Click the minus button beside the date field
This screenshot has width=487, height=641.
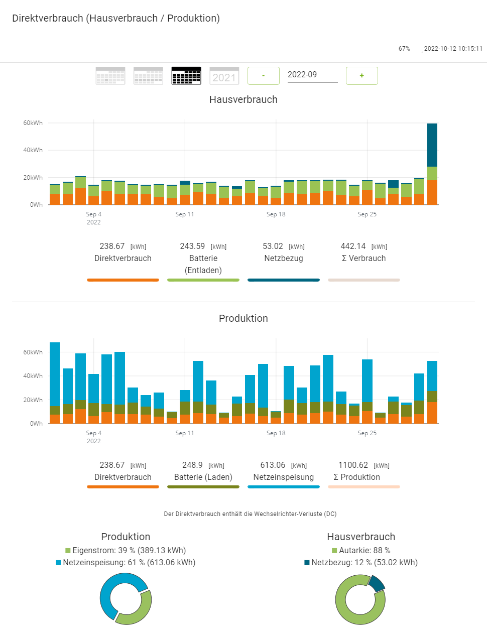(x=264, y=76)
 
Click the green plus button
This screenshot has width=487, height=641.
(x=361, y=76)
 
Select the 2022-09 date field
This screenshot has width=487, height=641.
(x=312, y=75)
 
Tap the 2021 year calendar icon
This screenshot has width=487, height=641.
(x=224, y=76)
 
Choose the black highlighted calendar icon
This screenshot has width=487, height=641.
(x=186, y=76)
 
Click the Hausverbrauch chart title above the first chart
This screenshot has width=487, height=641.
(x=243, y=99)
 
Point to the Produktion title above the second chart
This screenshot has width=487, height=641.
(x=243, y=318)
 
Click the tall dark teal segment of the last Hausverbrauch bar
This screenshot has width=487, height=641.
(x=432, y=145)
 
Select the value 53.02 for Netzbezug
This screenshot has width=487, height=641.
(x=273, y=246)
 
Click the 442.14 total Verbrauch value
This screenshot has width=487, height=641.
(x=353, y=246)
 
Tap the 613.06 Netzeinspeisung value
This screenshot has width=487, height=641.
(x=273, y=465)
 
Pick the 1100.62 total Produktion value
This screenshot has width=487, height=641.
(x=353, y=465)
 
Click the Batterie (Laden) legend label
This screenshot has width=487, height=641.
(x=203, y=477)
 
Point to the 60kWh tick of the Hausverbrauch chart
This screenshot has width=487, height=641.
(x=33, y=123)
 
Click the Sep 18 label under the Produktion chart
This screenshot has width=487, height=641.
(x=276, y=433)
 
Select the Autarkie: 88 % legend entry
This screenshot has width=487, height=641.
(x=361, y=551)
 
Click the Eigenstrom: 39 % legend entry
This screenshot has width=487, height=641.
(x=126, y=551)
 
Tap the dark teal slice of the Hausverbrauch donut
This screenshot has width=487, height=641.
(x=377, y=583)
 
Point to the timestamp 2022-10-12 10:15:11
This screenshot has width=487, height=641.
(x=453, y=49)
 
